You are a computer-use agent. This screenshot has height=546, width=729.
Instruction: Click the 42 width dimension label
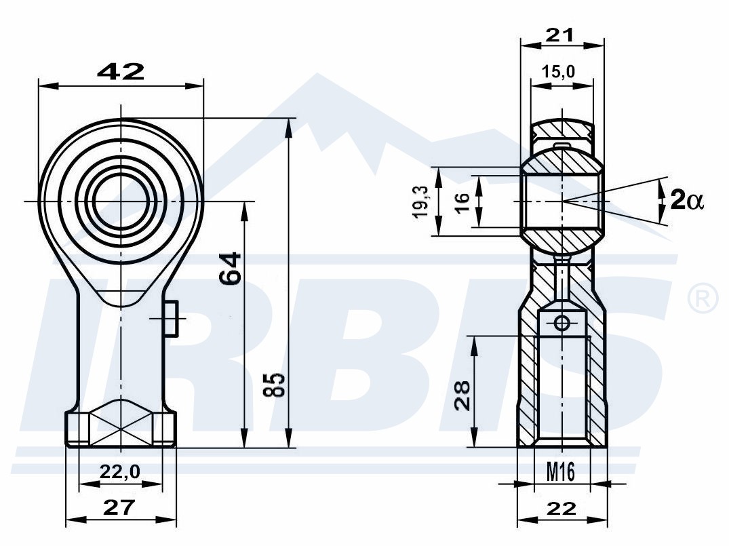pyautogui.click(x=121, y=72)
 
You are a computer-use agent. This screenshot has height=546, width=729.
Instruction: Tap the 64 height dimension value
pyautogui.click(x=231, y=268)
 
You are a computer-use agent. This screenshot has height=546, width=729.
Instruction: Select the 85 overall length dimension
pyautogui.click(x=273, y=384)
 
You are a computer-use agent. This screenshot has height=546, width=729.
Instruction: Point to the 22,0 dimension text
pyautogui.click(x=120, y=472)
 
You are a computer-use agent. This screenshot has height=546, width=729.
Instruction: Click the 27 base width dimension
pyautogui.click(x=119, y=507)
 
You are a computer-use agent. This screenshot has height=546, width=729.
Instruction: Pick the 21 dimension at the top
pyautogui.click(x=559, y=35)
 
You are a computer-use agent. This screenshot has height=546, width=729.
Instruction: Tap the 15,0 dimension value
pyautogui.click(x=558, y=72)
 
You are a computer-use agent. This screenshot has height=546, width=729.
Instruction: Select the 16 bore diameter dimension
pyautogui.click(x=462, y=202)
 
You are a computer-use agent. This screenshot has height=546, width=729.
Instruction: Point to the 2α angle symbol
pyautogui.click(x=687, y=201)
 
